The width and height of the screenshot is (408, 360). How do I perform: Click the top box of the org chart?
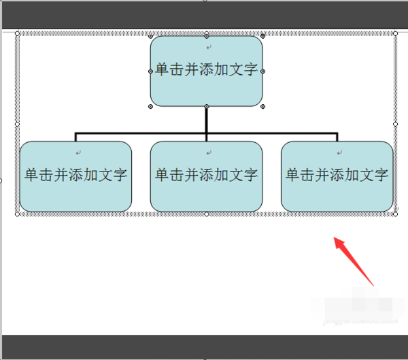pyautogui.click(x=206, y=88)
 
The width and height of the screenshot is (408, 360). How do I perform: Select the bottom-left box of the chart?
pyautogui.click(x=75, y=194)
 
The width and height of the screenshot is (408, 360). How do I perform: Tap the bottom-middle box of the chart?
pyautogui.click(x=206, y=194)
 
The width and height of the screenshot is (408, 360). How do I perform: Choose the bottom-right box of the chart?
pyautogui.click(x=337, y=194)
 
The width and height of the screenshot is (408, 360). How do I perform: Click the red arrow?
pyautogui.click(x=354, y=262)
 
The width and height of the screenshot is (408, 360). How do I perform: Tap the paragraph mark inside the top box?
pyautogui.click(x=209, y=47)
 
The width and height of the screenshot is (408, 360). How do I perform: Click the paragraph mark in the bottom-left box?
pyautogui.click(x=79, y=152)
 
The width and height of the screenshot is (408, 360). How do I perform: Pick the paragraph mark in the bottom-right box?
pyautogui.click(x=340, y=152)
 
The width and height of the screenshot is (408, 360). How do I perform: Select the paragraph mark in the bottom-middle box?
pyautogui.click(x=209, y=152)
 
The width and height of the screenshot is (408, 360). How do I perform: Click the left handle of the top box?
pyautogui.click(x=150, y=71)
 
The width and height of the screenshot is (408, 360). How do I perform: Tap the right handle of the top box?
pyautogui.click(x=262, y=71)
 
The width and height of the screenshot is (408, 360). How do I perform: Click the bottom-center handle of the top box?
pyautogui.click(x=206, y=107)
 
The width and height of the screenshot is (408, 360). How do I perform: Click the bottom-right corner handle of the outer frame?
pyautogui.click(x=396, y=214)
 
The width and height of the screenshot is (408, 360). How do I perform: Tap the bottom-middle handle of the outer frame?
pyautogui.click(x=207, y=214)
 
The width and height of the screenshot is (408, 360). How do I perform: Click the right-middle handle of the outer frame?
pyautogui.click(x=396, y=124)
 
